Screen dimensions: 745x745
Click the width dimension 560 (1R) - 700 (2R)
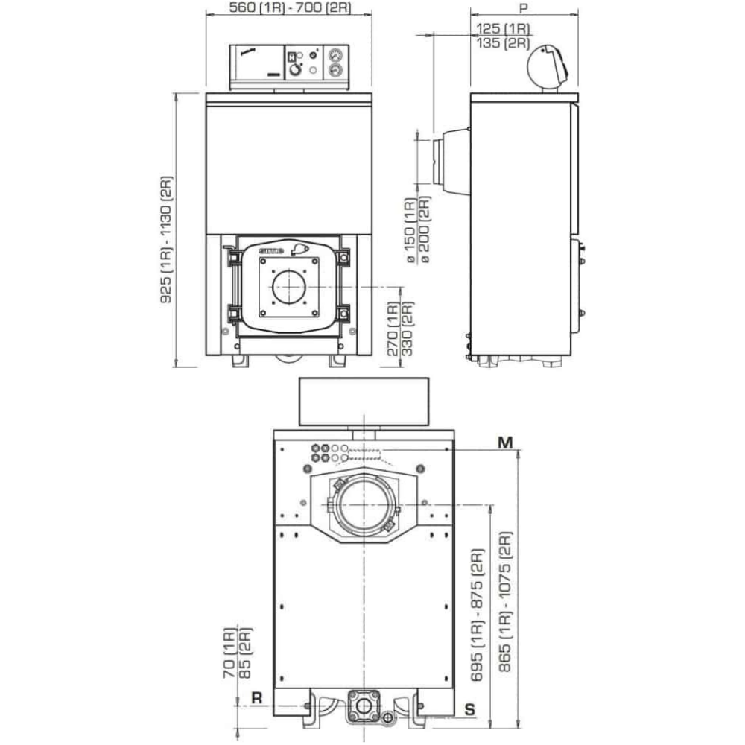[290, 7]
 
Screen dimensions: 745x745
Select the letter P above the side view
[524, 7]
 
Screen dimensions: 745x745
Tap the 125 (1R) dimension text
[503, 28]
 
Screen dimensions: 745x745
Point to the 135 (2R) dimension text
[503, 42]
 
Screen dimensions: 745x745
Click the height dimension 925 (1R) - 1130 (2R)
[166, 239]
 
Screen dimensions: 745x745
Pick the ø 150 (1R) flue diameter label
[410, 231]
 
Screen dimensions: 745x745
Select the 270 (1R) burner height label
[393, 329]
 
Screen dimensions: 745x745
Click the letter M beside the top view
[505, 443]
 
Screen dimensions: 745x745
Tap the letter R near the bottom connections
[256, 698]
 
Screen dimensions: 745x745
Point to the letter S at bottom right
[469, 709]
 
